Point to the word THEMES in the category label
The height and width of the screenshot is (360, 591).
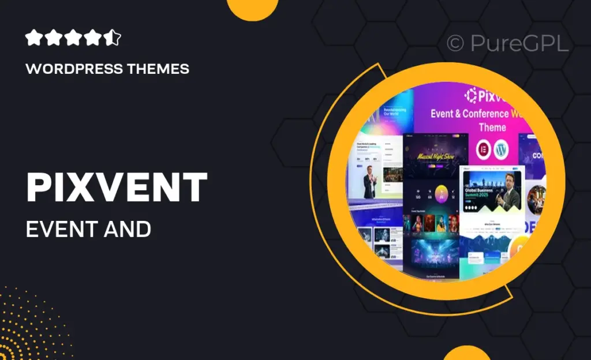pyautogui.click(x=157, y=69)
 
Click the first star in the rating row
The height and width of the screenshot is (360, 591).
pyautogui.click(x=34, y=38)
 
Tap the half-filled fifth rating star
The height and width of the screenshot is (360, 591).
pyautogui.click(x=113, y=38)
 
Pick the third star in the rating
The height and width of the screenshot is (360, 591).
pyautogui.click(x=73, y=38)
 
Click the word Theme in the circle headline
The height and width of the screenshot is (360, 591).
pyautogui.click(x=492, y=127)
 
